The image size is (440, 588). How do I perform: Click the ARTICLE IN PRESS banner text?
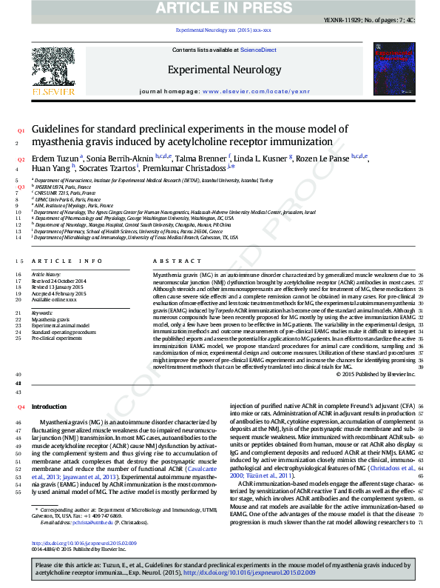click(220, 8)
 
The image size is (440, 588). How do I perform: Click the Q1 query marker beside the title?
click(21, 130)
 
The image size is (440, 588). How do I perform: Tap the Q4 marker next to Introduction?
click(21, 407)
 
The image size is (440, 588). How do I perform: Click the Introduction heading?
click(49, 407)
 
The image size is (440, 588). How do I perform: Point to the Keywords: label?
click(41, 313)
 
